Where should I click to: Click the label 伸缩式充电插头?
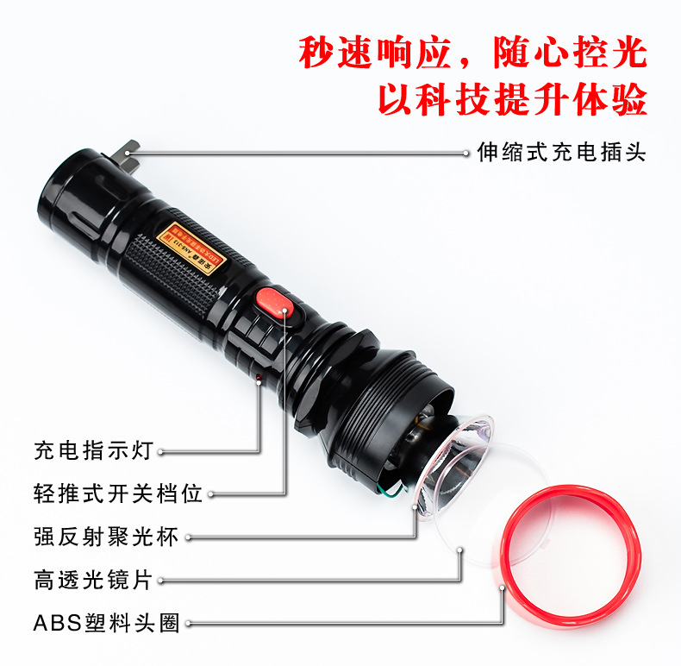pos(561,153)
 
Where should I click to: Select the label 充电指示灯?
pos(93,449)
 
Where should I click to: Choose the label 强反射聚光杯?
pos(106,536)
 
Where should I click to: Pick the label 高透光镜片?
pos(93,579)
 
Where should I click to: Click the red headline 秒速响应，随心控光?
pos(472,53)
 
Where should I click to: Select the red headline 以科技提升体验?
pos(512,100)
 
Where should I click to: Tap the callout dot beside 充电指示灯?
pos(159,450)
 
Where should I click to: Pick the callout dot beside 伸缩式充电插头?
pos(465,153)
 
